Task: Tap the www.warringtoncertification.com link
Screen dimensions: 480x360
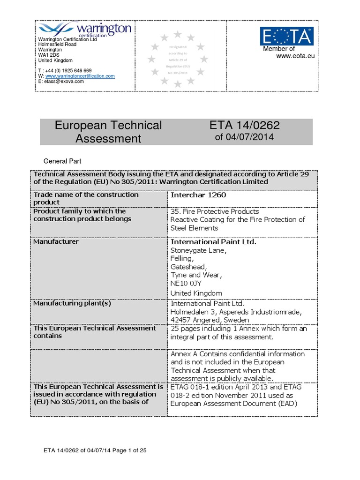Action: click(x=80, y=76)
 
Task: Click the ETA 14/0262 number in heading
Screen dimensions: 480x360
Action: click(x=246, y=125)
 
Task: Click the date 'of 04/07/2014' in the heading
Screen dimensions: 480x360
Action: click(x=244, y=137)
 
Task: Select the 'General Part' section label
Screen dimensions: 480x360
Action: click(x=62, y=160)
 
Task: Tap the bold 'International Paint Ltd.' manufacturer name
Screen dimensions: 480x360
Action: click(x=213, y=242)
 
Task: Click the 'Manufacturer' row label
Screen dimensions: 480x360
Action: click(x=56, y=242)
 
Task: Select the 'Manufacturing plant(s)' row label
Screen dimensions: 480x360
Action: click(x=72, y=303)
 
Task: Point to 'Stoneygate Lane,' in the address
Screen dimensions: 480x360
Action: click(x=198, y=250)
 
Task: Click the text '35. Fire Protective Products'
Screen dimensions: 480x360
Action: click(x=215, y=211)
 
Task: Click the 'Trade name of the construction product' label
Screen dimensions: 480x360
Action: click(x=86, y=198)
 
